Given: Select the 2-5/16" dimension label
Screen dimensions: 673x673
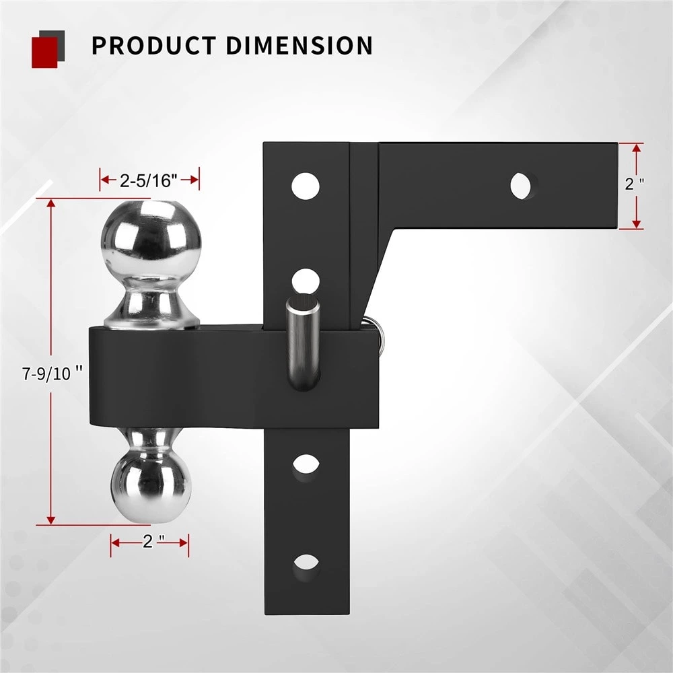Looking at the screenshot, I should click(x=149, y=180).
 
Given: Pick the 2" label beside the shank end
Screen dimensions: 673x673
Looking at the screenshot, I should click(x=632, y=184).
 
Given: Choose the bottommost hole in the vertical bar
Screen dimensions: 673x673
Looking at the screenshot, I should click(x=306, y=563).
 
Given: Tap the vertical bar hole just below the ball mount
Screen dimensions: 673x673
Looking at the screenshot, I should click(x=306, y=464).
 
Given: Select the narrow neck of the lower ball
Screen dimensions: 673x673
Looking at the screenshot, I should click(x=151, y=438).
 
